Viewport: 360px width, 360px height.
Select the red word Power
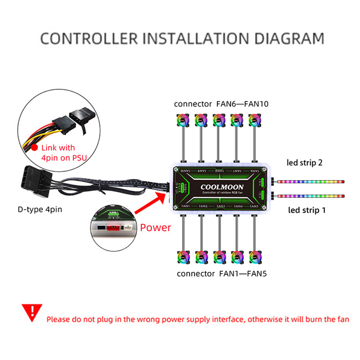pyautogui.click(x=155, y=227)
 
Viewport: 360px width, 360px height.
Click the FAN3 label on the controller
pyautogui.click(x=220, y=206)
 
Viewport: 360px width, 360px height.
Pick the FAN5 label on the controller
pyautogui.click(x=254, y=206)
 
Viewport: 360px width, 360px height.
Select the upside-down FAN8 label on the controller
pyautogui.click(x=219, y=171)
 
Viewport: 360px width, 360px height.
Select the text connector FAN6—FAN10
pyautogui.click(x=221, y=104)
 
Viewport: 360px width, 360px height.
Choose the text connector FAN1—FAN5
pyautogui.click(x=222, y=273)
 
